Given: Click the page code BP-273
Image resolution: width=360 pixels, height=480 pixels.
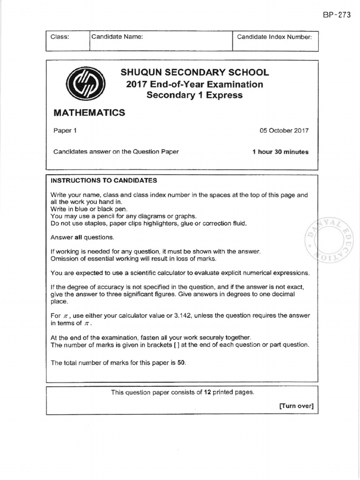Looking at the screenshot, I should (x=337, y=15).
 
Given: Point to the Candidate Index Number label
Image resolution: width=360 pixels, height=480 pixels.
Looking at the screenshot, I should (x=274, y=37).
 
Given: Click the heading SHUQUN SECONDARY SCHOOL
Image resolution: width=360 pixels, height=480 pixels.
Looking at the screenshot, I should (x=195, y=73).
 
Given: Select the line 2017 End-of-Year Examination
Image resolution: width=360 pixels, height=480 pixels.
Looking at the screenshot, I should (x=195, y=84).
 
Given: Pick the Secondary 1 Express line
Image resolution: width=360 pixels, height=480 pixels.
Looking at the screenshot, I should (x=195, y=96).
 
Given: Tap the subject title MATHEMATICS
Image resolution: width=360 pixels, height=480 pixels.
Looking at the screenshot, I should (x=89, y=112).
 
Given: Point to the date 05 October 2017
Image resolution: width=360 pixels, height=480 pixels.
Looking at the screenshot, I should (x=284, y=131).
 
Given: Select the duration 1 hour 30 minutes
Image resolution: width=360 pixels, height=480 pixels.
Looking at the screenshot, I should (x=280, y=151).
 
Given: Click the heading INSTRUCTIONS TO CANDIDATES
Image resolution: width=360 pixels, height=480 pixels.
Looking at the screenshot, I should (x=104, y=180).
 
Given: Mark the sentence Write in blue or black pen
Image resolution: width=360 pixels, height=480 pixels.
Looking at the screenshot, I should (x=89, y=209).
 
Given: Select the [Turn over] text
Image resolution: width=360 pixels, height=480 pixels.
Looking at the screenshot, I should (x=296, y=406).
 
